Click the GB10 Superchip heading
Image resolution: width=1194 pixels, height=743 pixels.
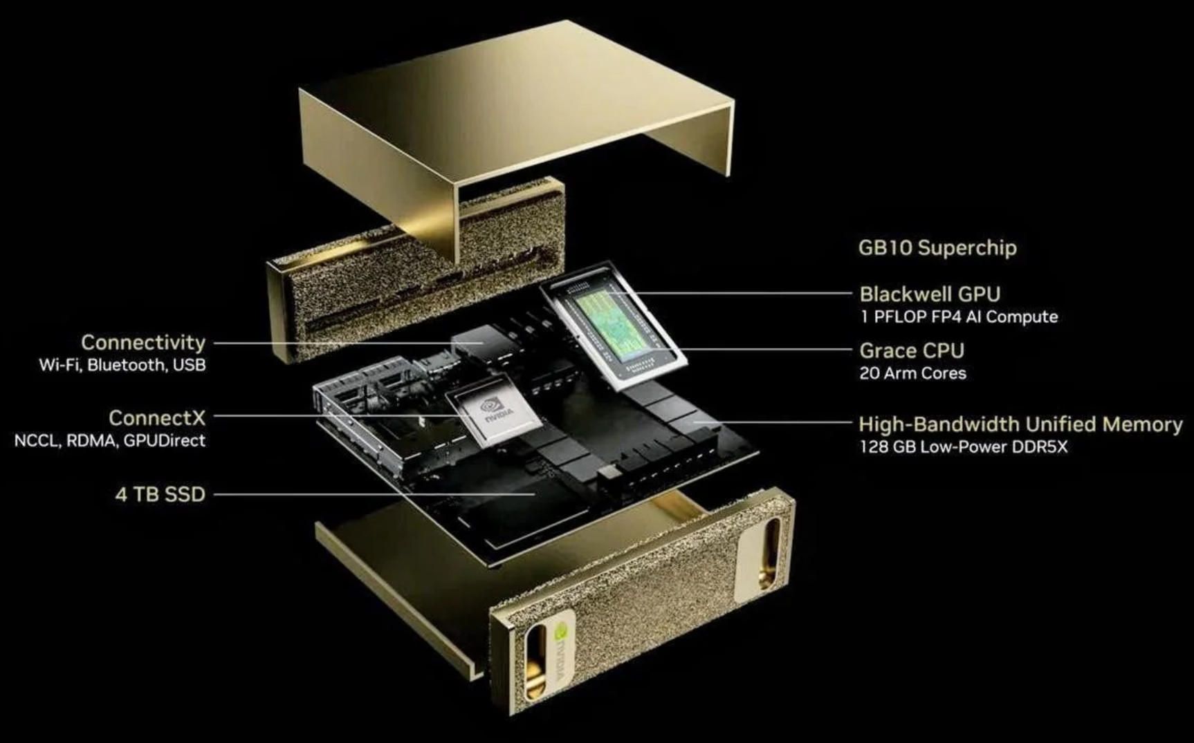pyautogui.click(x=937, y=247)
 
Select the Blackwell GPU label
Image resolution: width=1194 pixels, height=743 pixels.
pyautogui.click(x=929, y=294)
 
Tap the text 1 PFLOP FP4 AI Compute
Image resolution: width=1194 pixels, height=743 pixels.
pyautogui.click(x=958, y=317)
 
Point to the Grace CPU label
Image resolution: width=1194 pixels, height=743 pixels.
pyautogui.click(x=911, y=350)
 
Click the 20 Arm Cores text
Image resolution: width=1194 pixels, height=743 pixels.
pyautogui.click(x=912, y=373)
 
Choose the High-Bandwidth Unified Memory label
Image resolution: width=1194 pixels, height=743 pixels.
pyautogui.click(x=1020, y=424)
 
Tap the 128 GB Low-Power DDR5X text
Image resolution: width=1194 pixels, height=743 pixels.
pyautogui.click(x=963, y=446)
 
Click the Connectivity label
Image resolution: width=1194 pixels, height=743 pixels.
pyautogui.click(x=143, y=342)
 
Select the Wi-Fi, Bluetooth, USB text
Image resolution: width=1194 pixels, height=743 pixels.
pyautogui.click(x=122, y=365)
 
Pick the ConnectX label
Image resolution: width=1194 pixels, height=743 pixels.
pyautogui.click(x=157, y=417)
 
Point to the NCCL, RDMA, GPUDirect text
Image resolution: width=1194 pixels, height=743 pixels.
pyautogui.click(x=110, y=440)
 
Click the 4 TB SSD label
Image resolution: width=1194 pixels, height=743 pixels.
pyautogui.click(x=160, y=494)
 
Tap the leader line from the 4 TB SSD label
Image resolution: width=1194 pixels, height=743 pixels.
pyautogui.click(x=374, y=494)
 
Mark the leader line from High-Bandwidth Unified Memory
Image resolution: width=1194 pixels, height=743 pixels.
pyautogui.click(x=775, y=420)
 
